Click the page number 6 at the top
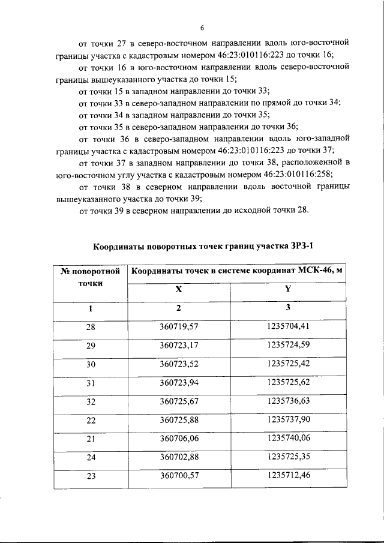tap(202, 28)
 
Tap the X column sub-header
tap(178, 289)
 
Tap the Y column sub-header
tap(287, 289)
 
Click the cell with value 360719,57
tap(179, 328)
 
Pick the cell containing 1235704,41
tap(288, 327)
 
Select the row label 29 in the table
tap(91, 346)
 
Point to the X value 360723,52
tap(179, 364)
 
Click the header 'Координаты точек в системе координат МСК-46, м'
tap(237, 271)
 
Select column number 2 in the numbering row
tap(178, 308)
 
